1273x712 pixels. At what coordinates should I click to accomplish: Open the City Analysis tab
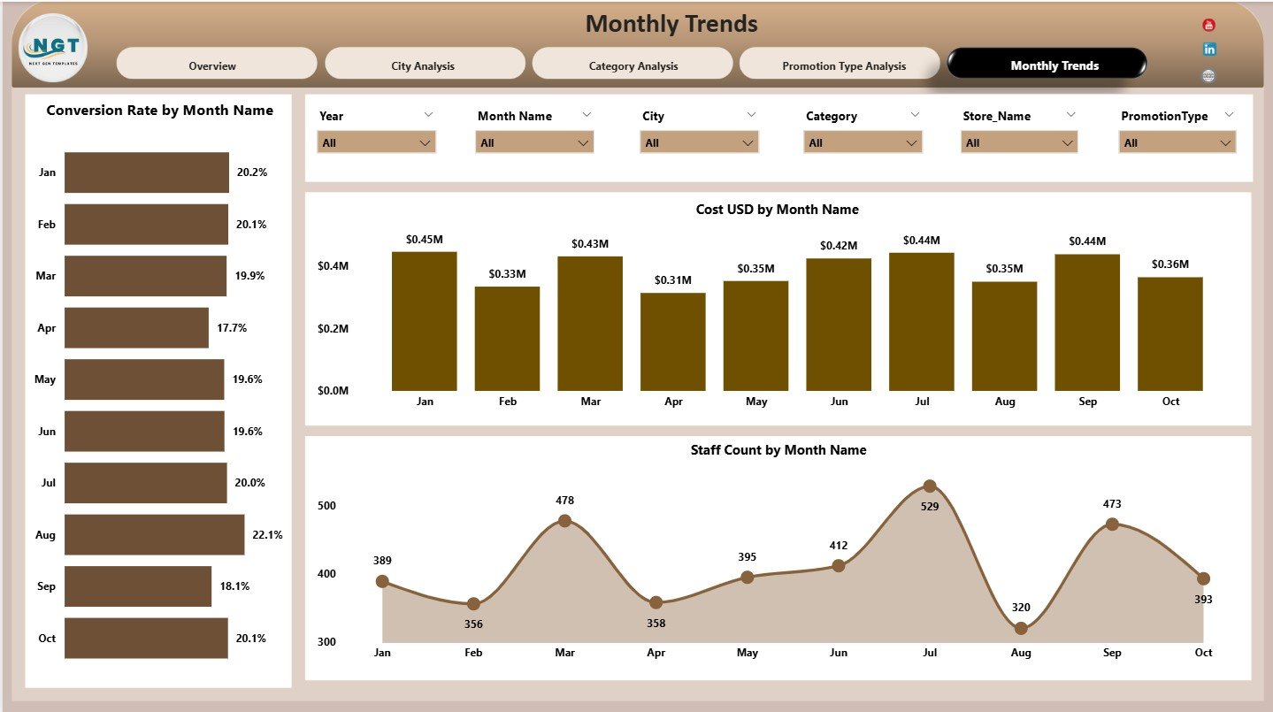tap(423, 65)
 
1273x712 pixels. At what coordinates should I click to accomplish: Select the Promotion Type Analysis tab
tap(843, 65)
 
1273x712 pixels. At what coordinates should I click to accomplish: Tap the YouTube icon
tap(1209, 25)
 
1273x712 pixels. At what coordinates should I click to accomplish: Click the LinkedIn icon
tap(1209, 50)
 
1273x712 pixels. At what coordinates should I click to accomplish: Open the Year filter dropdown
tap(376, 142)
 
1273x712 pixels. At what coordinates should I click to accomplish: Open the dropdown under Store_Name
tap(1019, 142)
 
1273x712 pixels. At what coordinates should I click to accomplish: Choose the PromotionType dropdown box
tap(1177, 142)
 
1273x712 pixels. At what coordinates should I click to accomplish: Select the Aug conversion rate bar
tap(154, 534)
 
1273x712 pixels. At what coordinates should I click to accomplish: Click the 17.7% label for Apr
tap(232, 328)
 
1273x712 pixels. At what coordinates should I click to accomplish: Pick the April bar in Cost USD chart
tap(673, 341)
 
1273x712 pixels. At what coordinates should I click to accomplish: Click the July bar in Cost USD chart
tap(922, 322)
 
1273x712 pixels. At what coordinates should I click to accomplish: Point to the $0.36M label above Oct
tap(1170, 264)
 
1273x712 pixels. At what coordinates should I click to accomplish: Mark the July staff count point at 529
tap(930, 486)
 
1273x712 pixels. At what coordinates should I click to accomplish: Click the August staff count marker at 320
tap(1021, 628)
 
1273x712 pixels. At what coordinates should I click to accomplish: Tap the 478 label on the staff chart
tap(564, 501)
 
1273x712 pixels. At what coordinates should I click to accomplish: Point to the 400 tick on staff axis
tap(326, 574)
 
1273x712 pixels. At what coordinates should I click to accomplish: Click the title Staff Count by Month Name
tap(778, 450)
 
